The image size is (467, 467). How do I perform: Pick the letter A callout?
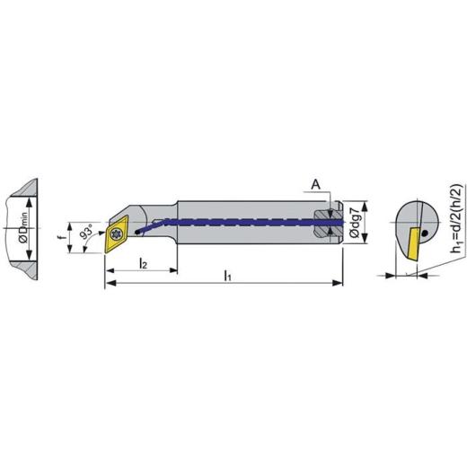point(315,185)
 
